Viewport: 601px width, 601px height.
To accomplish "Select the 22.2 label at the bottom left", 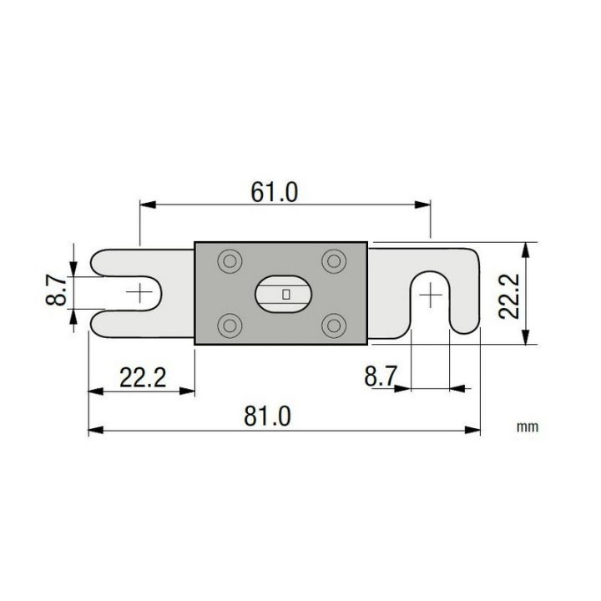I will tap(142, 379).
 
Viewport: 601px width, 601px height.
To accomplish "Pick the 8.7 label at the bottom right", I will tap(380, 376).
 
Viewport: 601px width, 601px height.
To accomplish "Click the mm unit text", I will tap(526, 427).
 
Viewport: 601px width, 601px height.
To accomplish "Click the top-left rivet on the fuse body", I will tap(227, 261).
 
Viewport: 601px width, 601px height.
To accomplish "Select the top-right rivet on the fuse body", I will tap(335, 261).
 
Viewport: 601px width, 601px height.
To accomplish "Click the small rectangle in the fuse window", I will tap(286, 294).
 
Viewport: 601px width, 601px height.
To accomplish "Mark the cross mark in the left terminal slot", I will tap(140, 293).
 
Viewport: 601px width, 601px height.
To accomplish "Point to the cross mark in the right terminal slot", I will tap(430, 294).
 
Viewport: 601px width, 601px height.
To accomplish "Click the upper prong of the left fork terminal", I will tap(138, 260).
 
